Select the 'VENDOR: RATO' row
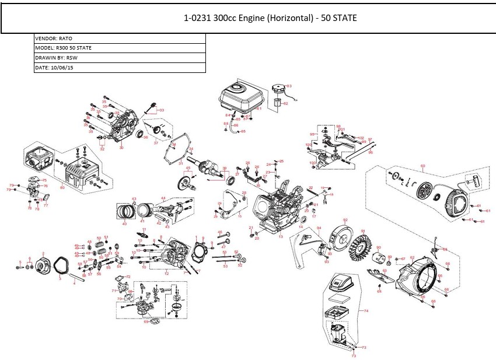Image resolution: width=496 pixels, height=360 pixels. tap(120, 39)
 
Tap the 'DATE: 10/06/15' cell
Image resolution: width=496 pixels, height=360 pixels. tap(120, 68)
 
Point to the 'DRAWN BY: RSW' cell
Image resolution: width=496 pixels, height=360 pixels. tap(120, 58)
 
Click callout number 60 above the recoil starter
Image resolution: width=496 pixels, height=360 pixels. tap(422, 166)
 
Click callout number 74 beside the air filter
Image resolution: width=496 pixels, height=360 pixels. tap(366, 312)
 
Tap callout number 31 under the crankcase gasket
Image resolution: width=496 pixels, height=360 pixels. tap(181, 163)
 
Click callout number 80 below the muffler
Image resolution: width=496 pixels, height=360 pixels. tap(62, 188)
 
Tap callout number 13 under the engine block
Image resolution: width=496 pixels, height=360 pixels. tap(280, 237)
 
